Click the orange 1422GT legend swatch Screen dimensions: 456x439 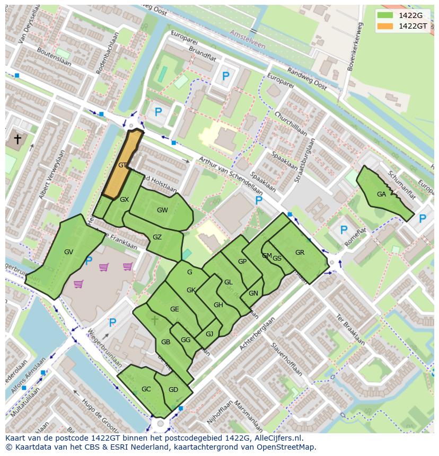click(385, 26)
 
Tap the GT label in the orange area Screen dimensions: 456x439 click(122, 165)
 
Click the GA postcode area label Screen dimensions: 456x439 click(381, 194)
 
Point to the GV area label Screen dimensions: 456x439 click(68, 252)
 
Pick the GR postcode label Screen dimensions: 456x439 click(300, 253)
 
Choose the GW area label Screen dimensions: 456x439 click(162, 210)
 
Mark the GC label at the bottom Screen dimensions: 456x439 click(146, 389)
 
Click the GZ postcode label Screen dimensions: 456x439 click(157, 237)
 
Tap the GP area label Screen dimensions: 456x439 click(242, 262)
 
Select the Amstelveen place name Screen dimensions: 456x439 click(247, 39)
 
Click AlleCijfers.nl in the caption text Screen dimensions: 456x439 click(277, 438)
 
